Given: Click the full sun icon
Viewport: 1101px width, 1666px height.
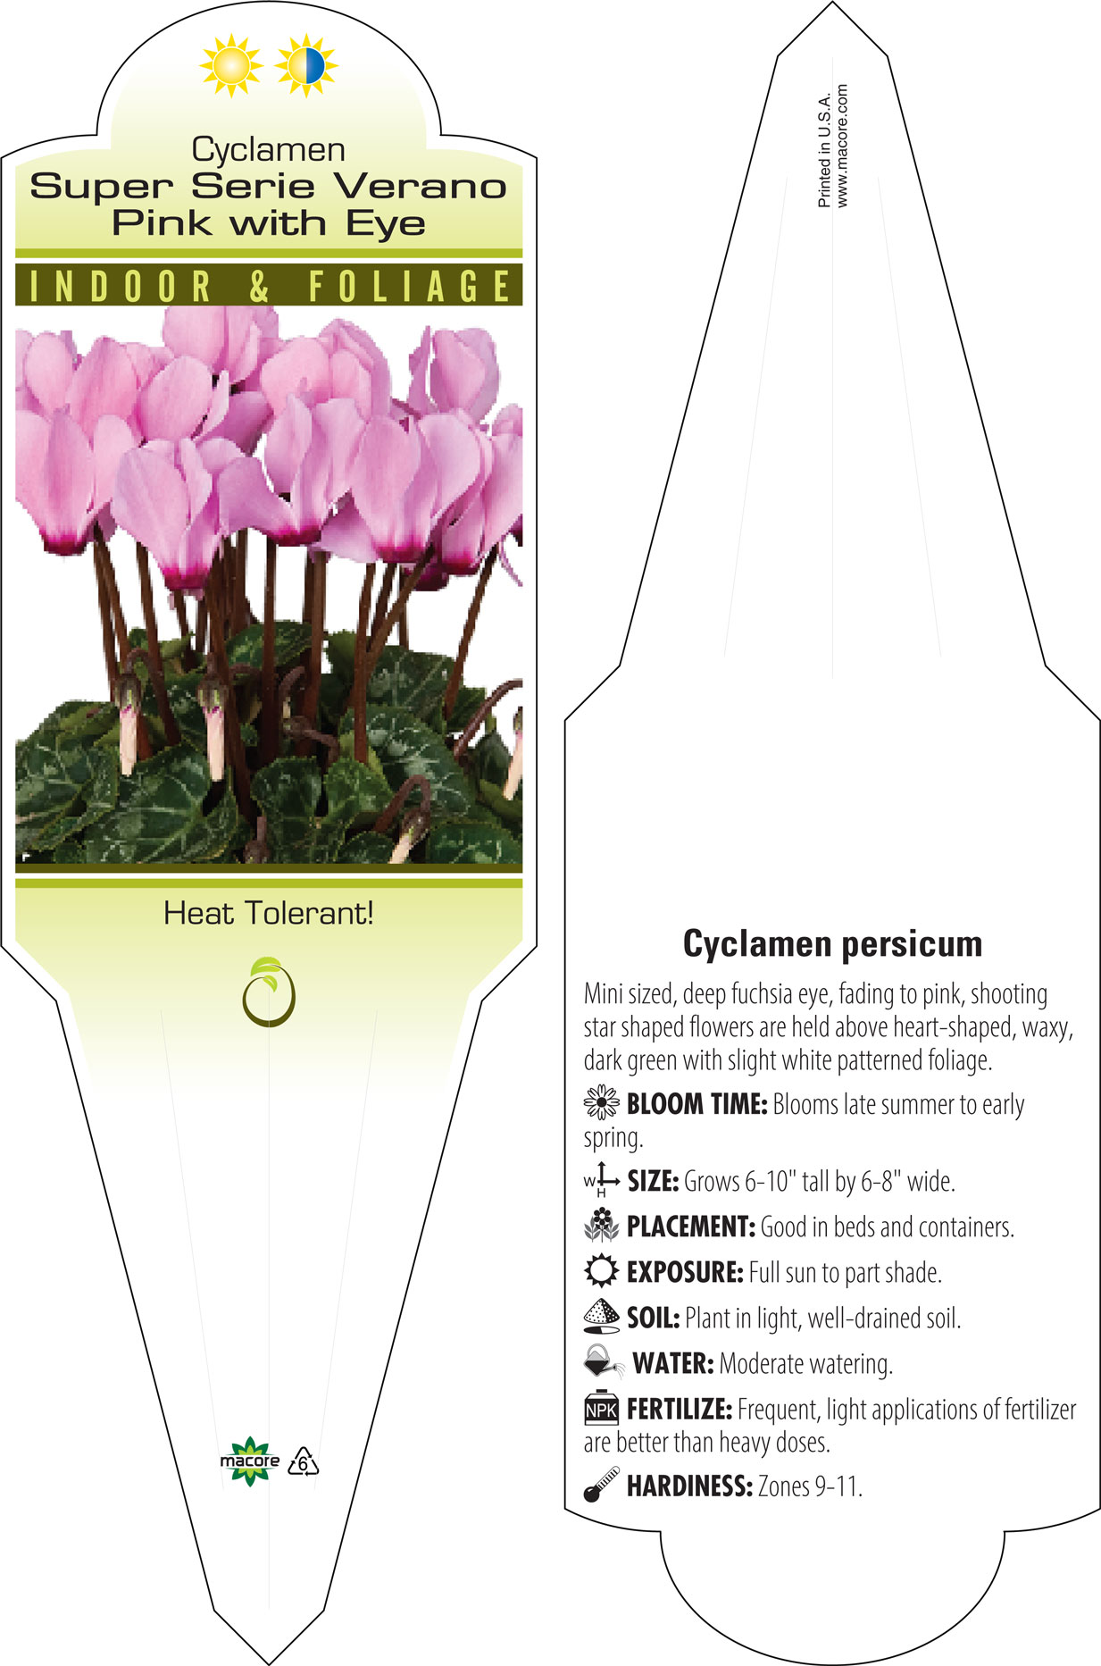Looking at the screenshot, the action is [x=231, y=65].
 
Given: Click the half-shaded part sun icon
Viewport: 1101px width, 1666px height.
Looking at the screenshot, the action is [x=306, y=65].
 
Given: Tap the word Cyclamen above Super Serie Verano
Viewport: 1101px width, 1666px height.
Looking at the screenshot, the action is [x=268, y=149].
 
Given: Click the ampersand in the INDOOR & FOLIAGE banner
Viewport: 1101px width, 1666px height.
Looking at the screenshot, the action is [x=259, y=287].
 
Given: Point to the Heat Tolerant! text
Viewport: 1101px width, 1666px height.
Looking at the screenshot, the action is [x=268, y=913].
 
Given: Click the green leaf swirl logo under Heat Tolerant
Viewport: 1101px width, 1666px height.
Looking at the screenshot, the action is [x=268, y=992].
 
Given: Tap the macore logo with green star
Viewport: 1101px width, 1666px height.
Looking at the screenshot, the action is [x=250, y=1461].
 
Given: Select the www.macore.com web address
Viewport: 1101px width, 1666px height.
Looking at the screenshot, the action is [x=842, y=147].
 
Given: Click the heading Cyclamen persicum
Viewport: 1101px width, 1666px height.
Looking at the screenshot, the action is [x=832, y=943].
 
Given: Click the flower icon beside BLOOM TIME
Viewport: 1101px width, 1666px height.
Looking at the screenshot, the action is [x=601, y=1103].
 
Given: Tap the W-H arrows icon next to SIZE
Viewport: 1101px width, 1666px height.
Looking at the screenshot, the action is [x=601, y=1180].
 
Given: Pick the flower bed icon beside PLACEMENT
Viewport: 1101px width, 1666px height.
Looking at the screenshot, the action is [x=601, y=1225].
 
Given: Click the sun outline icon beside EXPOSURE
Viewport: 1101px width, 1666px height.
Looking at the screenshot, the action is [x=601, y=1270].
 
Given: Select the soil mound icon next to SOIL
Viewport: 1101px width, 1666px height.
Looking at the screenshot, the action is [x=601, y=1316].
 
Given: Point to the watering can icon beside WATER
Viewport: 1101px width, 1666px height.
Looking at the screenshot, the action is [x=604, y=1362].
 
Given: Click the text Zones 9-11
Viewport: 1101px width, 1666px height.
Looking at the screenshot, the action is [x=810, y=1486].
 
